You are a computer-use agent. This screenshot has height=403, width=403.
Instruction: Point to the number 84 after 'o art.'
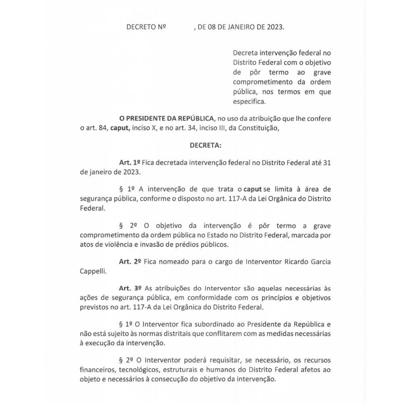(x=103, y=128)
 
